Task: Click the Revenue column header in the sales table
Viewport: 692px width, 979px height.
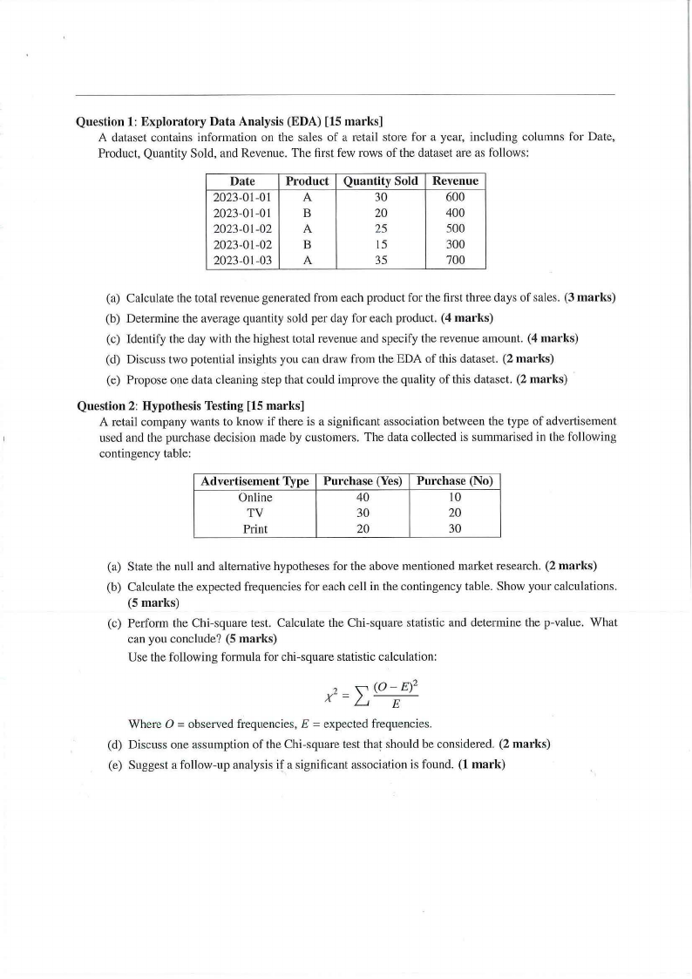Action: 455,181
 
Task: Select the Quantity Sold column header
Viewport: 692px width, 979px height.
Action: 381,181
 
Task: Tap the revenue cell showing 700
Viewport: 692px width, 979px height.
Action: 455,260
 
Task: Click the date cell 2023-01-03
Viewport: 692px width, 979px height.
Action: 242,260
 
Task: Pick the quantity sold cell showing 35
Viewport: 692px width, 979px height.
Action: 381,260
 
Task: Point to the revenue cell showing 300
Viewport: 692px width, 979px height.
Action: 455,244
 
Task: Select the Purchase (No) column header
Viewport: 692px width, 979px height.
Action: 455,481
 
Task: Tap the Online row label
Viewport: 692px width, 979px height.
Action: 254,497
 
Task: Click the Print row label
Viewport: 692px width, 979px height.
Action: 254,528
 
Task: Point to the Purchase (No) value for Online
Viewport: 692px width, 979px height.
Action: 455,497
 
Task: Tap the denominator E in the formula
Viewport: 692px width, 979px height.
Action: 394,705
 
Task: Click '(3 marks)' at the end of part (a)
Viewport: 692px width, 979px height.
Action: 590,298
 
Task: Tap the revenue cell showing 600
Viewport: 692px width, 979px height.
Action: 455,197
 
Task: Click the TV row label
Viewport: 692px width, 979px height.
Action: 254,513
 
